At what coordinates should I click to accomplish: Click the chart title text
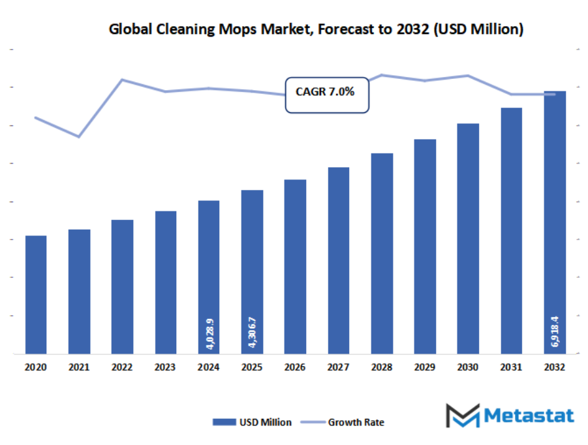tap(316, 29)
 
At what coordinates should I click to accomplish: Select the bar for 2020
tap(36, 294)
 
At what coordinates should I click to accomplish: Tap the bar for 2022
tap(122, 286)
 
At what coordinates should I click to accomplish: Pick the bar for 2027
tap(338, 260)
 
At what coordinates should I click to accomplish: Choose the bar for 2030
tap(468, 238)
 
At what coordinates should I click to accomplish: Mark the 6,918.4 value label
tap(554, 332)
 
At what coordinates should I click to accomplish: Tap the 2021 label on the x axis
tap(79, 367)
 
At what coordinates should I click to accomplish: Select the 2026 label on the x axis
tap(295, 367)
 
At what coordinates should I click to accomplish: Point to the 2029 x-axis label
tap(425, 367)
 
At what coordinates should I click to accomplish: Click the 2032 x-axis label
tap(554, 367)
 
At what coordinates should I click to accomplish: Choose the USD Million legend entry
tap(252, 422)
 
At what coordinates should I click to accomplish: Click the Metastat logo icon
tap(461, 416)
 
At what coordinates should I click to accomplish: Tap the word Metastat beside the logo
tap(529, 416)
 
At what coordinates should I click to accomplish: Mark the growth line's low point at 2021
tap(79, 136)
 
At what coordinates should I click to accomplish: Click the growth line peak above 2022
tap(122, 80)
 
